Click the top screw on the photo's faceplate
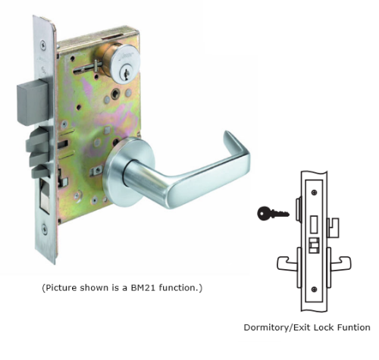[44, 45]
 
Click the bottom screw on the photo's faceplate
[45, 230]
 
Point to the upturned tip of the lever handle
[228, 134]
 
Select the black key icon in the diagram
[273, 214]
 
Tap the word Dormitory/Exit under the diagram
[277, 327]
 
